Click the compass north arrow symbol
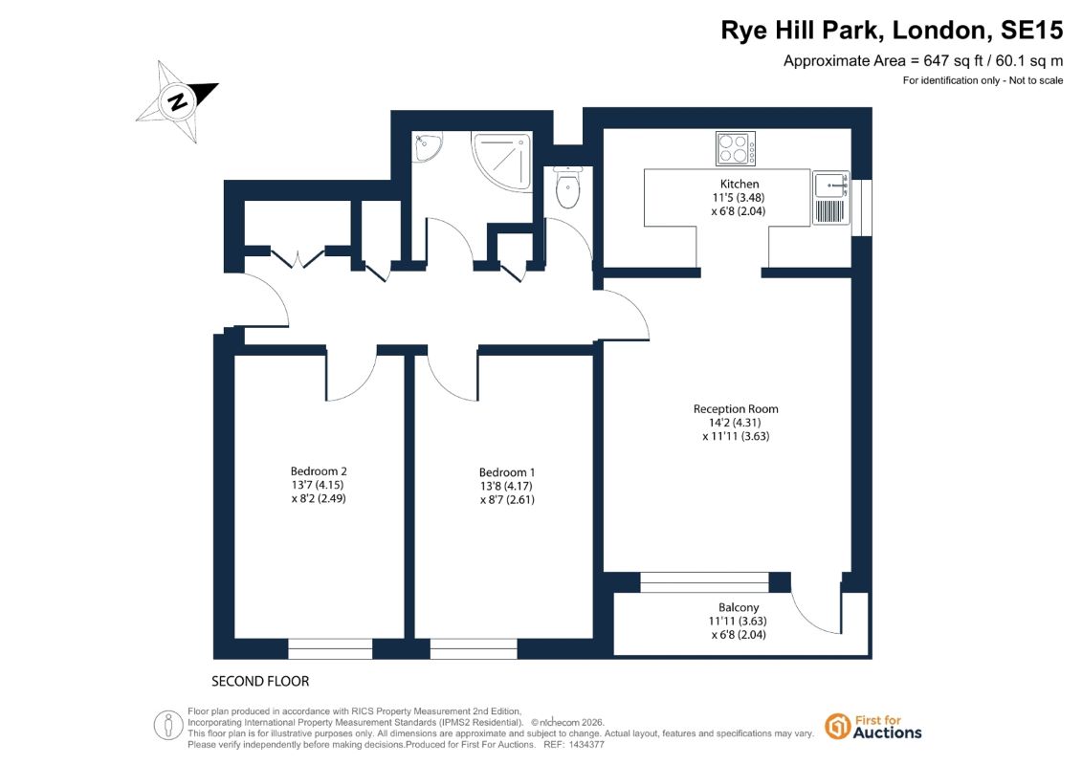click(x=177, y=101)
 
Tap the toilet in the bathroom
click(x=567, y=186)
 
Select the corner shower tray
click(x=502, y=162)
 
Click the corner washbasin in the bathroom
click(x=427, y=147)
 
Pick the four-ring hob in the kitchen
click(x=736, y=148)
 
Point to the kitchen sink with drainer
click(x=830, y=198)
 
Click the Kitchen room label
click(x=740, y=185)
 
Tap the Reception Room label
click(x=736, y=409)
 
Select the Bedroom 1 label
click(x=507, y=472)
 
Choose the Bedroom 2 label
click(x=319, y=471)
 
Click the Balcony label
click(x=739, y=608)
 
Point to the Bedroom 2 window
click(x=330, y=648)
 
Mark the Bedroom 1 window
click(x=474, y=648)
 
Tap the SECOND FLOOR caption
click(x=260, y=682)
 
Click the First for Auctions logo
click(x=872, y=727)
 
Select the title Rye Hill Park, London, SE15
click(x=892, y=31)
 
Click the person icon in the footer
click(x=167, y=726)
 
